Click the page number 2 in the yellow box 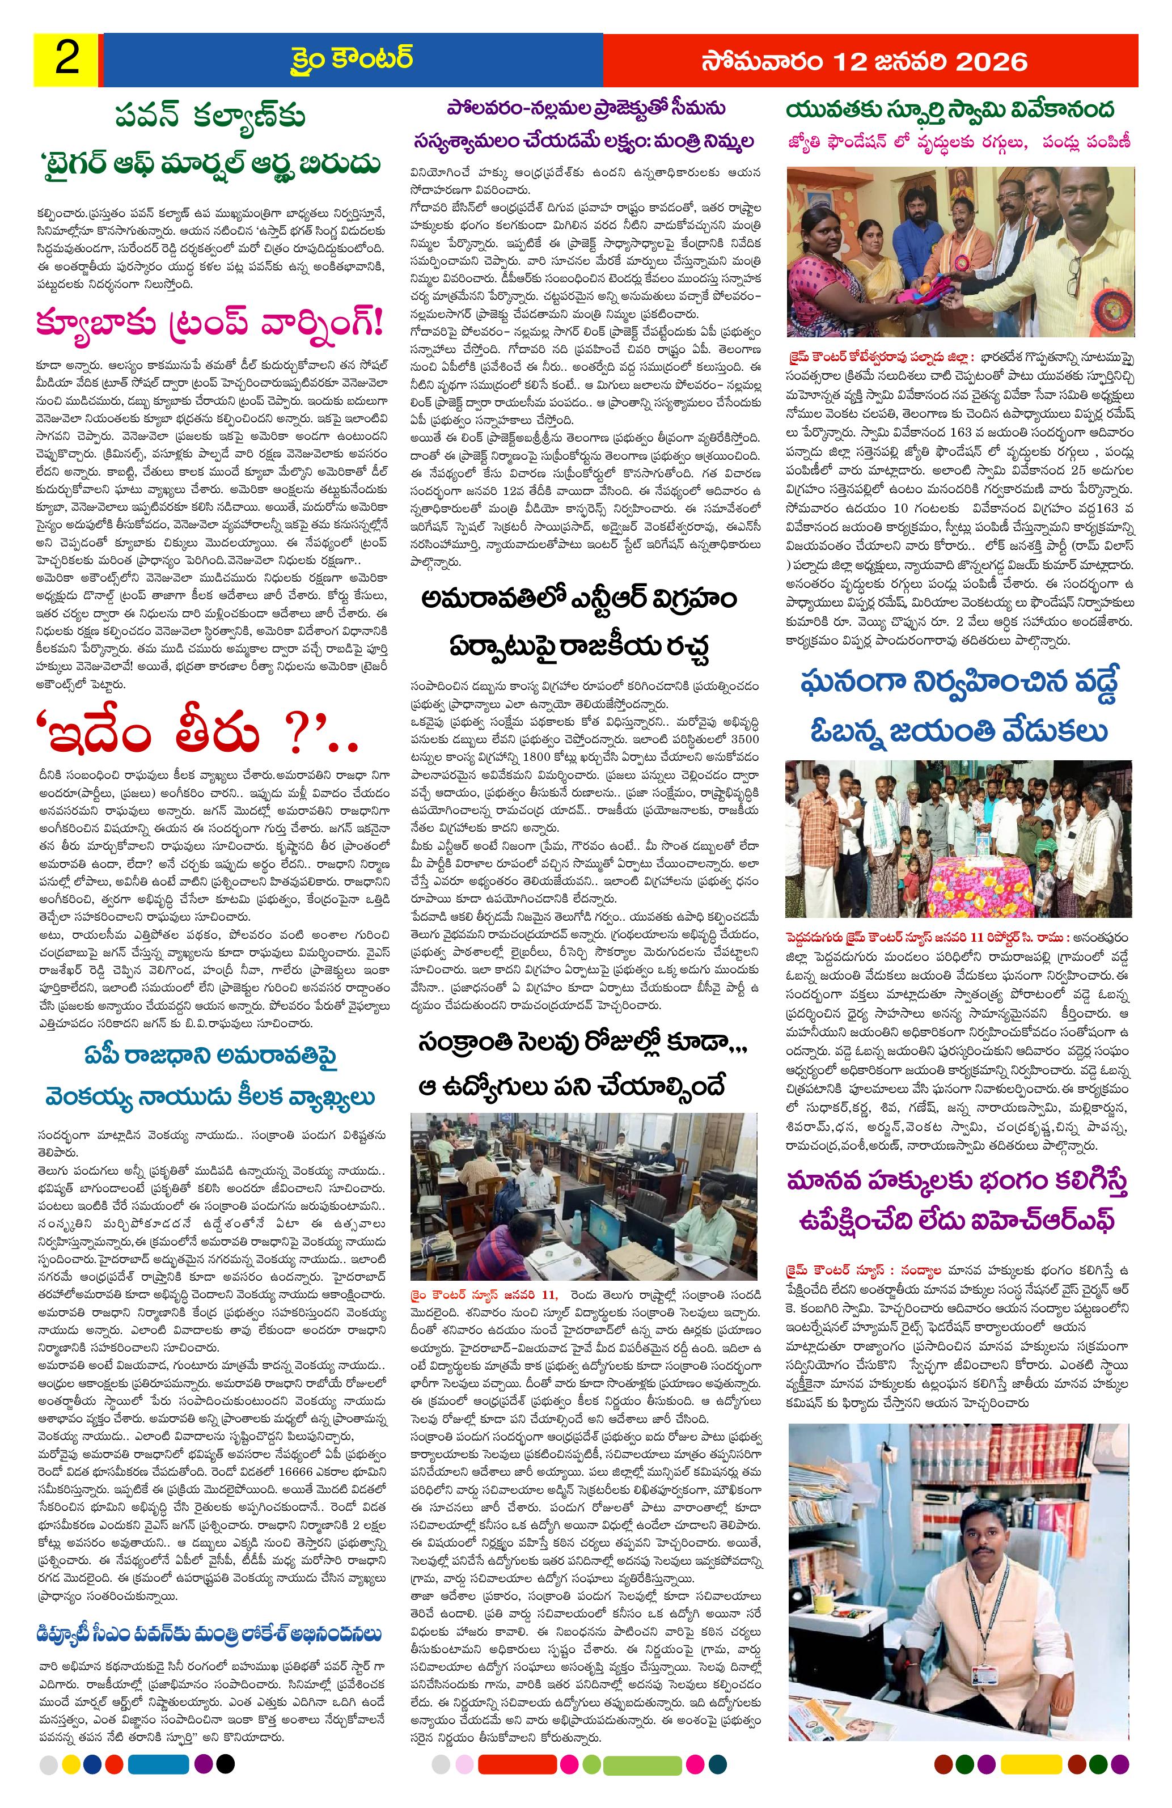pos(67,60)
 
